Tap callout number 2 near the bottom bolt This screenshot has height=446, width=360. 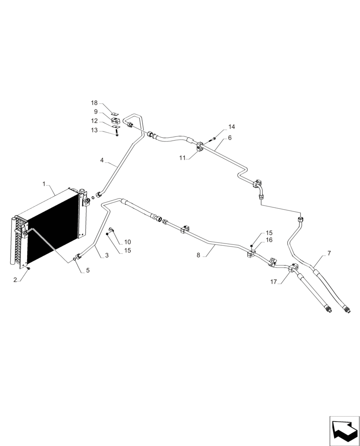pos(15,280)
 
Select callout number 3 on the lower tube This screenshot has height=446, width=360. pos(106,256)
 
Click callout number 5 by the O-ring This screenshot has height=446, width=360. pos(88,270)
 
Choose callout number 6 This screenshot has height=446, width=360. pos(229,138)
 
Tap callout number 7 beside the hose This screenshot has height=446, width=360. pos(329,253)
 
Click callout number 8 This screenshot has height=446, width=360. pos(199,256)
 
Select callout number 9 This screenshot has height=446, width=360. pos(96,111)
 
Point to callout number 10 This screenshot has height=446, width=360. pos(127,242)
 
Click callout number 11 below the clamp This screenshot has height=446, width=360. pos(182,157)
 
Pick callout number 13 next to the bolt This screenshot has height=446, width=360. pos(94,130)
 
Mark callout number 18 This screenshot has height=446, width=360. pos(94,103)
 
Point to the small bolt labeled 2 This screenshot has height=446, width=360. pos(28,268)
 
